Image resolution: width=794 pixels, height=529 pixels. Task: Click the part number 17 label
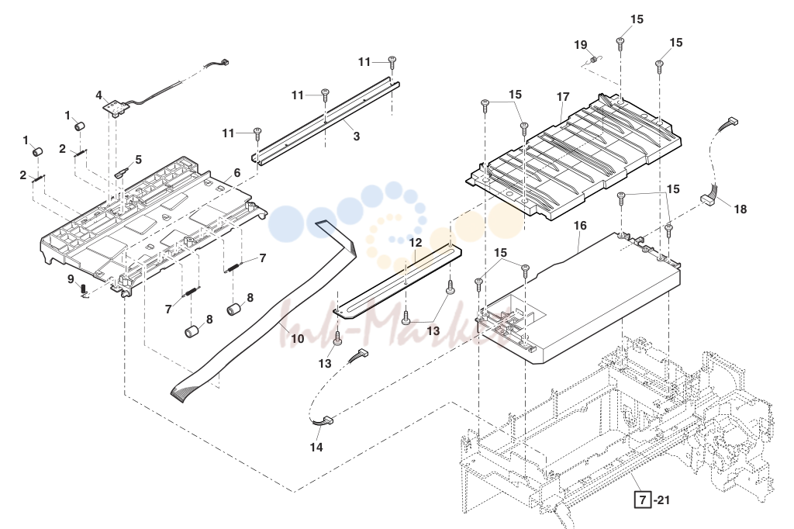pos(563,96)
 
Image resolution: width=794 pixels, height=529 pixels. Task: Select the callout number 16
pos(580,225)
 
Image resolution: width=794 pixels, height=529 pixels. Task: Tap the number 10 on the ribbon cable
pos(297,338)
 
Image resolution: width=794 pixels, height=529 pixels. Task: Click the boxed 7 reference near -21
pos(643,500)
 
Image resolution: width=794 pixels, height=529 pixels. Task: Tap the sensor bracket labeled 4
pos(115,109)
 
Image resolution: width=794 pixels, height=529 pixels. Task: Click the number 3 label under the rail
pos(357,137)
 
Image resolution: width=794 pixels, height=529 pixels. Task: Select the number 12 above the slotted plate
pos(416,243)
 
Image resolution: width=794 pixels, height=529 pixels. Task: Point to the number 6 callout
pos(237,173)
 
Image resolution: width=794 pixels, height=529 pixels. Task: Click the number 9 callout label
pos(71,278)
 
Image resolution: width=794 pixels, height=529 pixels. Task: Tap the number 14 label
pos(316,448)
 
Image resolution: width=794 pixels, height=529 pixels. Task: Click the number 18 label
pos(740,209)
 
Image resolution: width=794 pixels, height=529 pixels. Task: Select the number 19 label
pos(580,45)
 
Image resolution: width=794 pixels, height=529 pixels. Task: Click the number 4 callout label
pos(98,95)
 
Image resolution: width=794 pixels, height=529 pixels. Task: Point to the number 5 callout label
pos(138,160)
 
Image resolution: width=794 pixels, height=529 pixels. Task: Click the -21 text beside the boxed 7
pos(662,500)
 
